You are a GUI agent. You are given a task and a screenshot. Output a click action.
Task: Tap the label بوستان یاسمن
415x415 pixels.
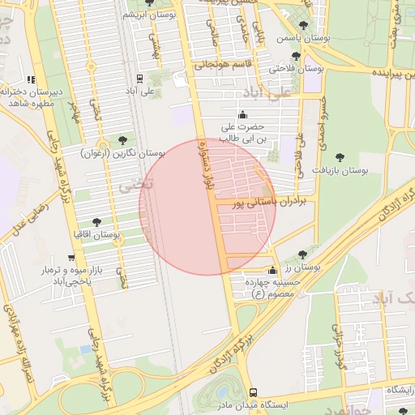coord(299,38)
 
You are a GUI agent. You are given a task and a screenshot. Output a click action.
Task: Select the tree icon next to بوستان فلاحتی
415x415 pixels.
coord(295,57)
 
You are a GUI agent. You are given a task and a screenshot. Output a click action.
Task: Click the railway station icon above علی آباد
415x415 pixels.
coord(139,79)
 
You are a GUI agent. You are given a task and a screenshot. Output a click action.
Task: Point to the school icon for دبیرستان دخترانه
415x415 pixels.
coord(31,79)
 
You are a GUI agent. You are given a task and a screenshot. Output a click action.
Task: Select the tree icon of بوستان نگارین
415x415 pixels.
coord(122,140)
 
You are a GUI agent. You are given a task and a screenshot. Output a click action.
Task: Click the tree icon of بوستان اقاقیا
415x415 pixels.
coord(97,221)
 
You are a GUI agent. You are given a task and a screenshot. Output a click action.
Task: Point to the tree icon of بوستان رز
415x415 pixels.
coord(302,255)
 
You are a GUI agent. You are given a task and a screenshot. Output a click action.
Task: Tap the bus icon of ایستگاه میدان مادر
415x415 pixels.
coord(253,391)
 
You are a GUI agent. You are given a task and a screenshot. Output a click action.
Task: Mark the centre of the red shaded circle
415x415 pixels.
coord(207,207)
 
